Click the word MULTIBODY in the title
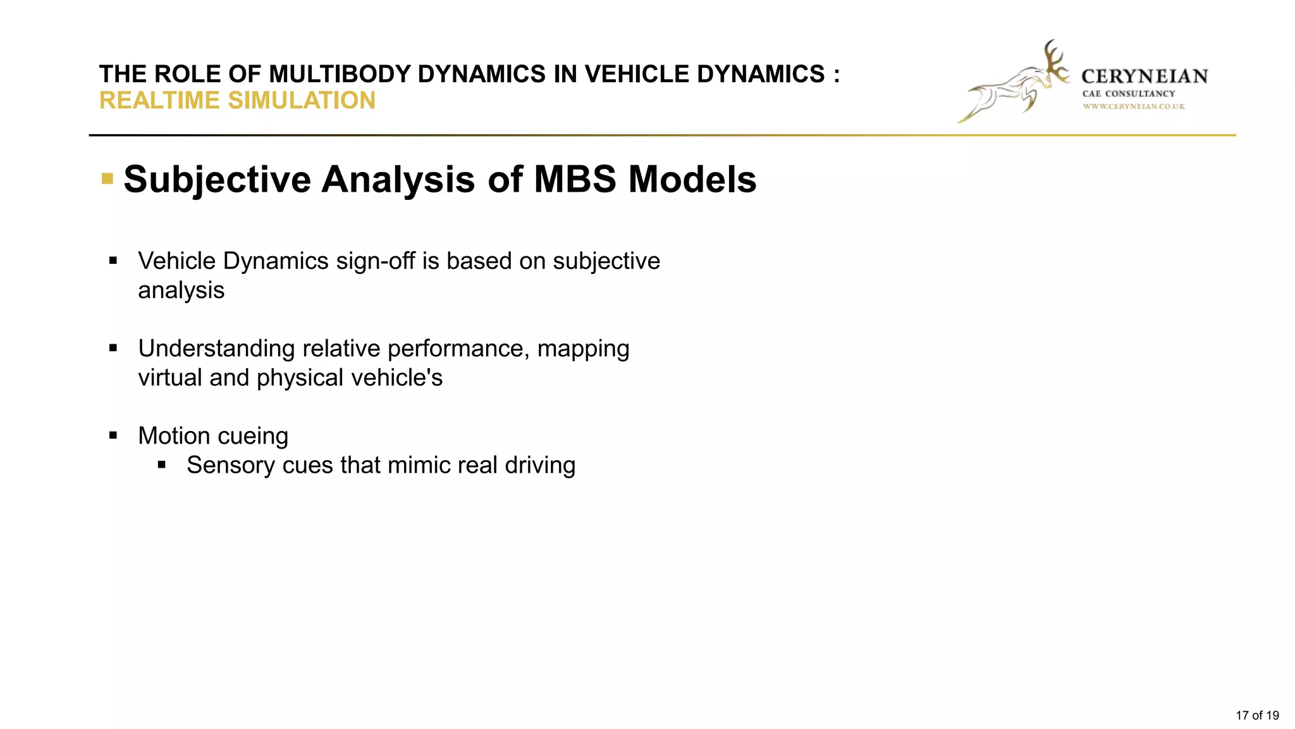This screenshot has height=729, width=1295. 340,74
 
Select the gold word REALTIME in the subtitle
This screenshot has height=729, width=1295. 161,101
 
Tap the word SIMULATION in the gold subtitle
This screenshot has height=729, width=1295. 302,101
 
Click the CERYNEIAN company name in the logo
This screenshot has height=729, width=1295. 1145,77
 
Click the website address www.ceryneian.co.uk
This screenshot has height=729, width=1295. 1134,106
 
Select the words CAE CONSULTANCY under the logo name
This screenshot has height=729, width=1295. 1129,94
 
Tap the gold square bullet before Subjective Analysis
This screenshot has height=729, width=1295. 107,179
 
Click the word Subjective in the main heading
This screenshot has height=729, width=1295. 217,180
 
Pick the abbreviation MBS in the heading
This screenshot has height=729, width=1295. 575,179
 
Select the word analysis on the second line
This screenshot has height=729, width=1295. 181,290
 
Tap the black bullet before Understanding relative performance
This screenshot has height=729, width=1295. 113,347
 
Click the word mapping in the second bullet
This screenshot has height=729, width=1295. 583,349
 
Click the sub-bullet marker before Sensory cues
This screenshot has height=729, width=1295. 162,464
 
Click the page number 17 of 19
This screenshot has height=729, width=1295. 1257,716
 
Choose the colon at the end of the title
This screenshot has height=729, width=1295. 837,75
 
